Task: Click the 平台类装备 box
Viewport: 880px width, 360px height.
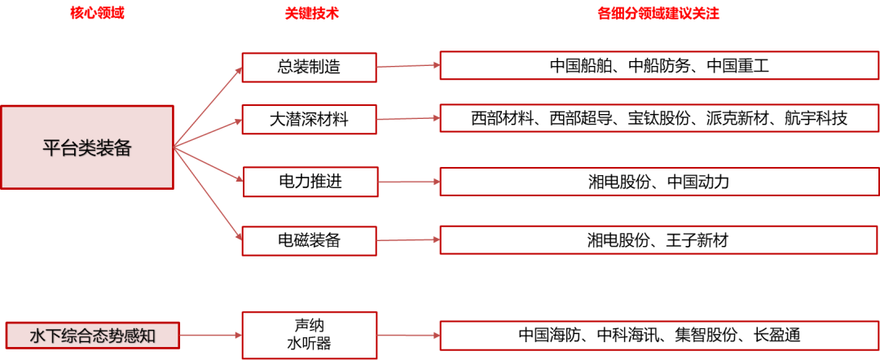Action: [87, 147]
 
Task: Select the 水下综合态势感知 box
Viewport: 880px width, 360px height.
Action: [92, 335]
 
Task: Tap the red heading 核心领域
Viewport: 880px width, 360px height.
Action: [97, 14]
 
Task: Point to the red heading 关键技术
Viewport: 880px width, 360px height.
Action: [311, 14]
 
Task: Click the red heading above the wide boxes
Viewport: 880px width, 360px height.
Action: [658, 14]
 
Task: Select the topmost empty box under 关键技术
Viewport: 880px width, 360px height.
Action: [309, 68]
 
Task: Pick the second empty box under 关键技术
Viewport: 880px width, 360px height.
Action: [309, 120]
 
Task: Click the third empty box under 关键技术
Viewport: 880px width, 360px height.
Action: [310, 182]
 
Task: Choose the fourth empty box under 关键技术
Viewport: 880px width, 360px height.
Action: [309, 241]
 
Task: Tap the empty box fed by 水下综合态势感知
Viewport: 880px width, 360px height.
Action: [309, 335]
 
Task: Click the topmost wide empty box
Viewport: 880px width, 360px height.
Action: [658, 65]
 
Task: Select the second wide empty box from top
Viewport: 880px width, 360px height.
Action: [658, 118]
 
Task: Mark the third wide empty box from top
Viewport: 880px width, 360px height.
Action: [658, 182]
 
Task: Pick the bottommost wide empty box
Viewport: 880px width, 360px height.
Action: [658, 335]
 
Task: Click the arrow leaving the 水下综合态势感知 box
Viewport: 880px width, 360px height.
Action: [210, 335]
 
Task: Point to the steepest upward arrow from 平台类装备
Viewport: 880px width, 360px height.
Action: [208, 107]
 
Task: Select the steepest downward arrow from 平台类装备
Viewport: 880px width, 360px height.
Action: [208, 192]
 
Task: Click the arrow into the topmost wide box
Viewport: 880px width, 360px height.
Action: [407, 66]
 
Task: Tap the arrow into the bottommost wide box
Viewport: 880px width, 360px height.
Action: [408, 335]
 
